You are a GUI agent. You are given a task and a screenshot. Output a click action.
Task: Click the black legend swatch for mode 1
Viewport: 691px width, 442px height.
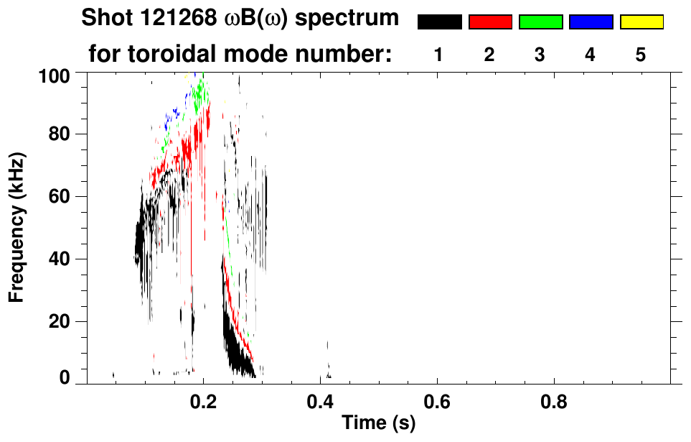pos(439,22)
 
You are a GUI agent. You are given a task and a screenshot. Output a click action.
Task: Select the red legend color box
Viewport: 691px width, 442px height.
pos(490,22)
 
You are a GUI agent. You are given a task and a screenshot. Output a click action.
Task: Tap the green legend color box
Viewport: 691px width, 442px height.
pos(540,22)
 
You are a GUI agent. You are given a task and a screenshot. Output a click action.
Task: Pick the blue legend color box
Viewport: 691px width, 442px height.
pos(591,22)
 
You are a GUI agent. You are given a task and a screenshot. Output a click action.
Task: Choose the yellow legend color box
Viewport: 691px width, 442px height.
pos(641,22)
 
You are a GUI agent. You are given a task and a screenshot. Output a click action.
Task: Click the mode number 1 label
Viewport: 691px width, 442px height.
pos(438,55)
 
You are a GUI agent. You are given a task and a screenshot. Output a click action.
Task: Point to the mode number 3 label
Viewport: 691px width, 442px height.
pos(540,55)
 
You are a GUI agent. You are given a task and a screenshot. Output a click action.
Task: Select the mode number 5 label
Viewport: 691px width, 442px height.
pos(641,55)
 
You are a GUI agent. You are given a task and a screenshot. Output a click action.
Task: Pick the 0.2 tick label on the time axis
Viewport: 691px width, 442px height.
pos(203,402)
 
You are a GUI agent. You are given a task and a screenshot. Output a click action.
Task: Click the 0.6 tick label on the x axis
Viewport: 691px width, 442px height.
pos(437,402)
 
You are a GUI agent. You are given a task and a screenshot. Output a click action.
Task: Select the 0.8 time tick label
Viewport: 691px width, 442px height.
pos(554,402)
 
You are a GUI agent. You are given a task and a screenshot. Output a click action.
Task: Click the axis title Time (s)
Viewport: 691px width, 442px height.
pos(378,423)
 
